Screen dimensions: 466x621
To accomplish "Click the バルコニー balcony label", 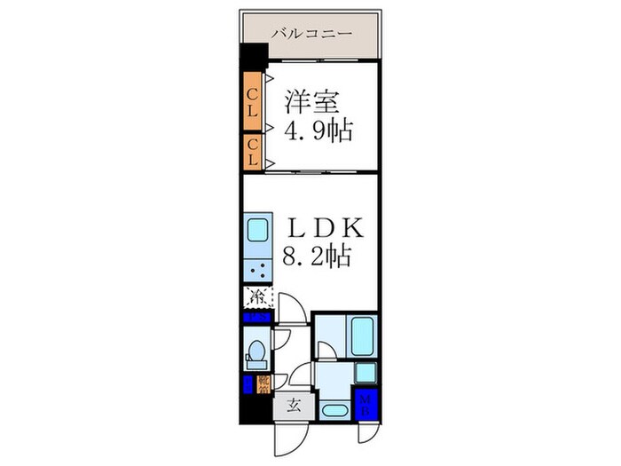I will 311,34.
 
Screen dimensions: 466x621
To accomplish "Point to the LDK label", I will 323,227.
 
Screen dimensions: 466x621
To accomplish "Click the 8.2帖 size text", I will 318,257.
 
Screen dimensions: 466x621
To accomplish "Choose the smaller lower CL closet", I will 252,151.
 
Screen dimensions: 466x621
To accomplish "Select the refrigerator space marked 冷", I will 258,296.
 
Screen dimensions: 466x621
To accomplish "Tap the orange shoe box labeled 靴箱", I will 263,383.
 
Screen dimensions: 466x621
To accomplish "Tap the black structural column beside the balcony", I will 254,51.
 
